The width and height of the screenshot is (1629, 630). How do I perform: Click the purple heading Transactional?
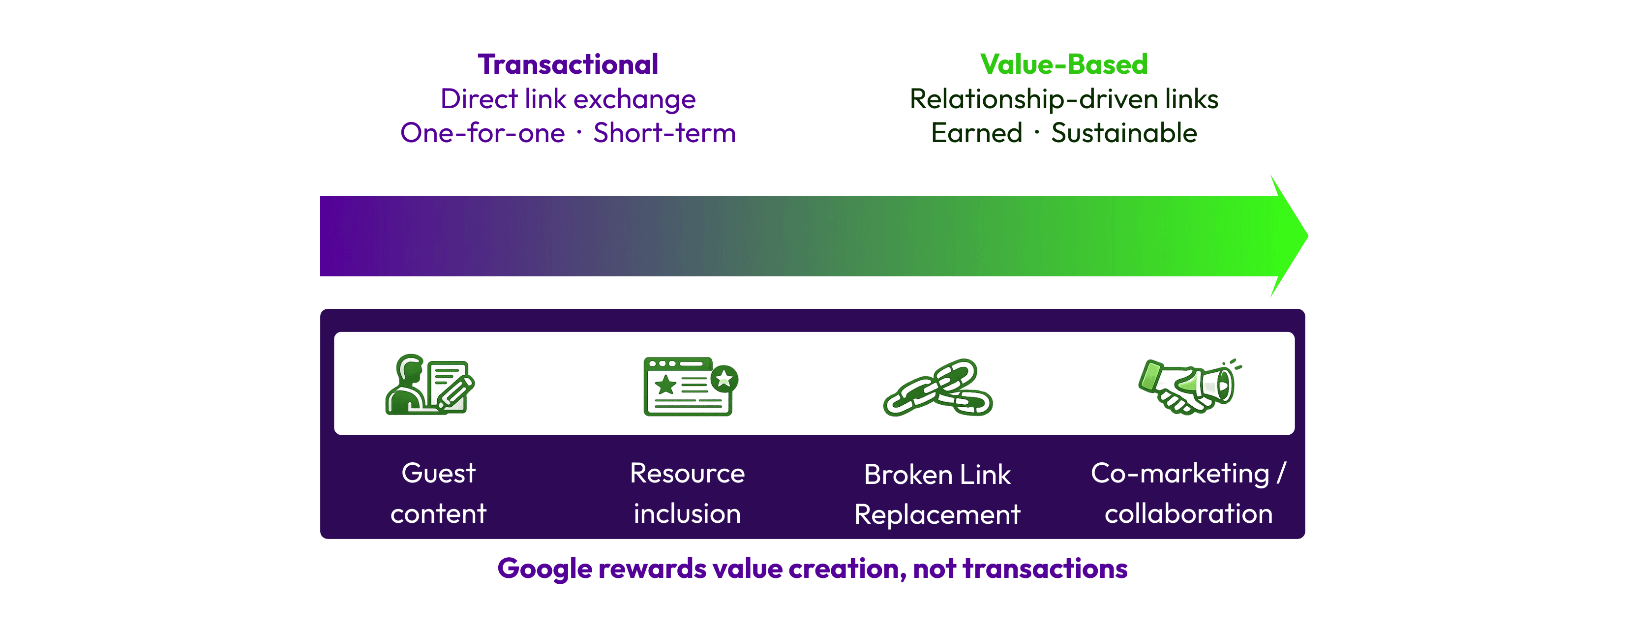pos(568,64)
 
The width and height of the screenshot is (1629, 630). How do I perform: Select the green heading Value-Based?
pos(1064,64)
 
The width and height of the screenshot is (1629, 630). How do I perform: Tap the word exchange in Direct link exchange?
pos(634,100)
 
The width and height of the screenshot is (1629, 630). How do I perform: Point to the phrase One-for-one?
pos(483,133)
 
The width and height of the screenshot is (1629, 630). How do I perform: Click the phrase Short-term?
pos(664,133)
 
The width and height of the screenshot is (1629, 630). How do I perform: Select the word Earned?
pos(977,133)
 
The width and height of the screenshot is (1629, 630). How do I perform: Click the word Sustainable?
pos(1124,133)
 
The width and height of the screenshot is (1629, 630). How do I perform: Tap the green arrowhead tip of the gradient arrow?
pos(1307,236)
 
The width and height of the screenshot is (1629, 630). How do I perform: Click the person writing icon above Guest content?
pos(430,385)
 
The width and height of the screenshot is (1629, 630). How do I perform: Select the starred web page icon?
pos(691,386)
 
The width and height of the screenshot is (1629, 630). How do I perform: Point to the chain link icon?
pos(938,387)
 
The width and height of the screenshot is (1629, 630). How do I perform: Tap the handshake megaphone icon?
pos(1189,386)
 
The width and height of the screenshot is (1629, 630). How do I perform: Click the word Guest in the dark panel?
pos(438,474)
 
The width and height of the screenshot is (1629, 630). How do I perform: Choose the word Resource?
pos(688,474)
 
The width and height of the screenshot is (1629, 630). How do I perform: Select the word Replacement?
pos(937,515)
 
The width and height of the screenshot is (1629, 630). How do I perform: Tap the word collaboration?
pos(1189,513)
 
